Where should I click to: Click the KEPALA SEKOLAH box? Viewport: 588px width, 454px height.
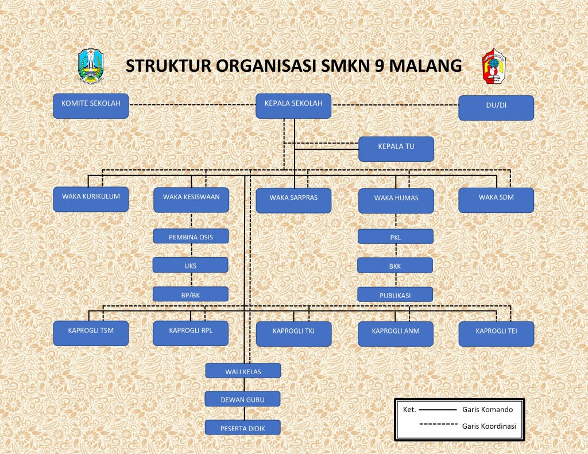[x=293, y=106]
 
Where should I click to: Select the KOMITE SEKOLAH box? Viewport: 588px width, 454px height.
[x=91, y=106]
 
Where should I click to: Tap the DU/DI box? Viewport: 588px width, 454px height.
[x=496, y=108]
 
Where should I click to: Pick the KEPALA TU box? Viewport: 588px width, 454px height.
[x=396, y=149]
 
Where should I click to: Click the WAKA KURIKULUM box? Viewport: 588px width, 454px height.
[x=91, y=199]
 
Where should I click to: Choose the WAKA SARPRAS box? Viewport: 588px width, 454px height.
[x=293, y=200]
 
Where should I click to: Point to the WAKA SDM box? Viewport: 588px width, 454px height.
[x=496, y=200]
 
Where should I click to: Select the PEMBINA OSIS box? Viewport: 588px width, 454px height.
[x=191, y=236]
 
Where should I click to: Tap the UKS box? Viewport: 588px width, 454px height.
[x=190, y=265]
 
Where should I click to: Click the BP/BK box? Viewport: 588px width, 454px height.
[x=191, y=294]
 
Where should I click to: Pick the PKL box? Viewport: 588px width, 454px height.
[x=396, y=236]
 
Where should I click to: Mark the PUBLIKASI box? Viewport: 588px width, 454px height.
[x=395, y=294]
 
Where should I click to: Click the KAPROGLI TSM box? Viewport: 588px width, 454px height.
[x=91, y=333]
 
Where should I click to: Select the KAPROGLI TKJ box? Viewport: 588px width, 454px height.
[x=293, y=334]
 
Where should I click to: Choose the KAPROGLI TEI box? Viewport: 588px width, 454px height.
[x=496, y=334]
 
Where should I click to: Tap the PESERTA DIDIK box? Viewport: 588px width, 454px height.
[x=243, y=428]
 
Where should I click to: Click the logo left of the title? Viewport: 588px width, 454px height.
[x=91, y=65]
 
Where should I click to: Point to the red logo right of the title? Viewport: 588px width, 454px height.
[x=494, y=65]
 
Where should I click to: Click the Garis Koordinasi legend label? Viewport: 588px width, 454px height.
[x=489, y=426]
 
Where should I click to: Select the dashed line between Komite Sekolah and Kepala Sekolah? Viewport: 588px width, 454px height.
[x=192, y=104]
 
